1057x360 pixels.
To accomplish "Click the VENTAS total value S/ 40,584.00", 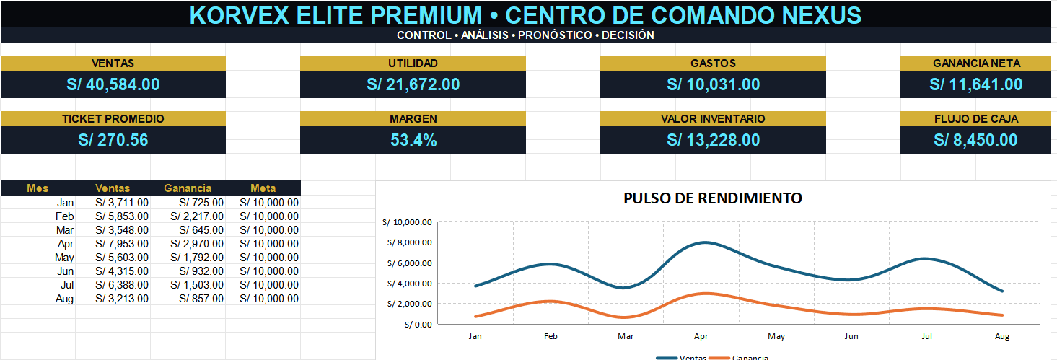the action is click(x=113, y=84).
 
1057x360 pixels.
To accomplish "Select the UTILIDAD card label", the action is click(x=413, y=63).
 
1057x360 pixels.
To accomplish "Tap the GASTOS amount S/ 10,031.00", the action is click(x=713, y=84).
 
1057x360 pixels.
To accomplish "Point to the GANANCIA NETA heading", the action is click(x=976, y=63).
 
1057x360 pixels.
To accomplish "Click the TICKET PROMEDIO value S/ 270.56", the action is click(x=113, y=140).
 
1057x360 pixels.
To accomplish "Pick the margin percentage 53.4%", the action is click(x=413, y=140).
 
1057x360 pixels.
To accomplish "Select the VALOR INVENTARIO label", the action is click(x=713, y=119).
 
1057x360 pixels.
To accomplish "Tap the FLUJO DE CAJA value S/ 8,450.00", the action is click(x=976, y=140).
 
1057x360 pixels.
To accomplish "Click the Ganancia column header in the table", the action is click(x=188, y=188).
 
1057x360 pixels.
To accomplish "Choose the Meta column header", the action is click(x=263, y=188).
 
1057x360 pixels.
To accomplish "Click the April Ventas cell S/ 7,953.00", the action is click(x=122, y=244).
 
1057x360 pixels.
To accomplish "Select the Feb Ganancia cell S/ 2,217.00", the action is click(x=197, y=216).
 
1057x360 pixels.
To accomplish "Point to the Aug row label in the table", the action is click(x=64, y=299).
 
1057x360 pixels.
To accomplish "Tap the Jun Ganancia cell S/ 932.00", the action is click(x=201, y=271).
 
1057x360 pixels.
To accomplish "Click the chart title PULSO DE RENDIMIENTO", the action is click(x=713, y=198).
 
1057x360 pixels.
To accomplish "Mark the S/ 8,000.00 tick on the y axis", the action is click(x=410, y=242).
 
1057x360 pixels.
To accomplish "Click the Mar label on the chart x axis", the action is click(x=626, y=336).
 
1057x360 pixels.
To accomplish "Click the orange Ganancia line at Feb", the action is click(x=551, y=301).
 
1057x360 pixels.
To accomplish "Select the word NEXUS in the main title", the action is click(x=822, y=15).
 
